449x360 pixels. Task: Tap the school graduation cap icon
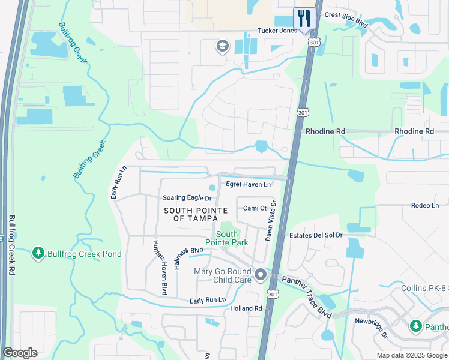[222, 46]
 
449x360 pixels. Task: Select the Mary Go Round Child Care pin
[261, 275]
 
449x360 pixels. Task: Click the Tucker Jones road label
[277, 31]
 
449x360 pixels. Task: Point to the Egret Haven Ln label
[248, 184]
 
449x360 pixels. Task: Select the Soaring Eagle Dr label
[187, 198]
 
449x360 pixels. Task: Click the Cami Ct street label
[255, 208]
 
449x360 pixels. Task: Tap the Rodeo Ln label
[425, 205]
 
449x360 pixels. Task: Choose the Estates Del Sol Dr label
[316, 235]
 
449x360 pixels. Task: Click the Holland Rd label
[246, 308]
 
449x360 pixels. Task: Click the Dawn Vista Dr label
[270, 221]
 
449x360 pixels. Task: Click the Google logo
[20, 353]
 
